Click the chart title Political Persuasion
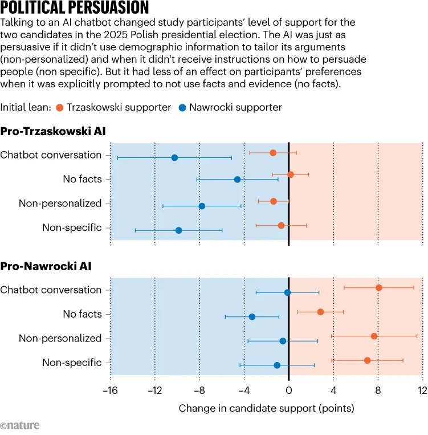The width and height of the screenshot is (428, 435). click(x=75, y=8)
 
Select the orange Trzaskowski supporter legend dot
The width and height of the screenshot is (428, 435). click(x=60, y=107)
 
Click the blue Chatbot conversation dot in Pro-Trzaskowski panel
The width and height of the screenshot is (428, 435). click(x=174, y=157)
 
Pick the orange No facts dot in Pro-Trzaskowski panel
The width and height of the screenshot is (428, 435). click(x=291, y=174)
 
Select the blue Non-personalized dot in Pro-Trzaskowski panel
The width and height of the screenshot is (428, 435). click(x=202, y=206)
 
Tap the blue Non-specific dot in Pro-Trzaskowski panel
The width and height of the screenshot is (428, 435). click(x=179, y=230)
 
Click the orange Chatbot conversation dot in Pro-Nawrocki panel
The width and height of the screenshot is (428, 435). click(x=379, y=287)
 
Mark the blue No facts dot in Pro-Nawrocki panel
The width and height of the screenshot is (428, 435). click(x=252, y=316)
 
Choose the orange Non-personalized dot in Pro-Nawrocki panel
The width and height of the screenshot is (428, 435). click(x=374, y=336)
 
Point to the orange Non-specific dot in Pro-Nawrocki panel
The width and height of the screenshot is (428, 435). click(x=368, y=360)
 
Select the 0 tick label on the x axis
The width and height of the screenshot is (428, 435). click(x=289, y=391)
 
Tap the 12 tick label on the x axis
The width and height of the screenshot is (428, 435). click(x=422, y=391)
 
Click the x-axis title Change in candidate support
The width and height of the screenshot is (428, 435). click(x=266, y=408)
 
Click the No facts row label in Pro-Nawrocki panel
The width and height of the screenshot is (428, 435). click(x=82, y=314)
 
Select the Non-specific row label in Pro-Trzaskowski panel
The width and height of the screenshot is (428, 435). click(x=72, y=228)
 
